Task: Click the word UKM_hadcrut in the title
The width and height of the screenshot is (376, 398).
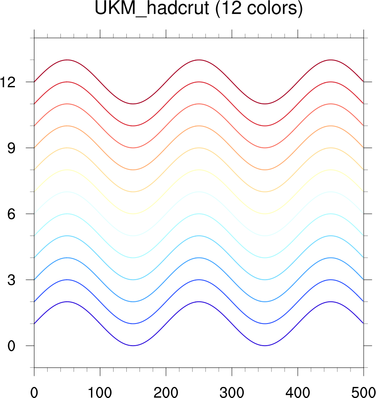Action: pos(153,9)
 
